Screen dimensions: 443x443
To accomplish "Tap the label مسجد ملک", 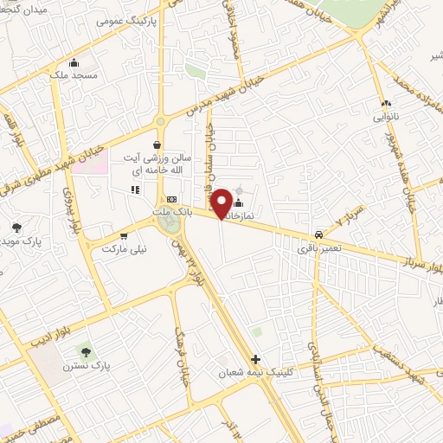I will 74,76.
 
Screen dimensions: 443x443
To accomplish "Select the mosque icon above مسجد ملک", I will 74,62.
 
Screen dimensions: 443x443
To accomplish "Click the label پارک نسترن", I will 86,366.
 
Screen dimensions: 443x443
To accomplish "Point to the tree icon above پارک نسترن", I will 86,350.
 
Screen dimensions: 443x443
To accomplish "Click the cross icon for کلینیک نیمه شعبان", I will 254,358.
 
